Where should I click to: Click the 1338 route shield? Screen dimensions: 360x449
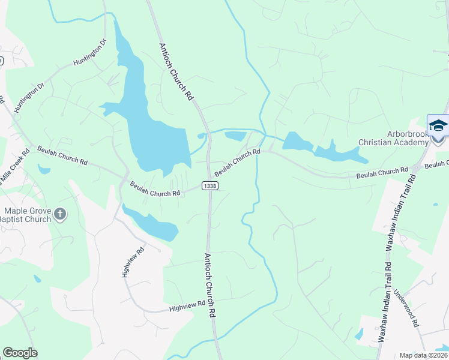[x=209, y=186]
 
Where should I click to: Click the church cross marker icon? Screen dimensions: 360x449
[x=59, y=214]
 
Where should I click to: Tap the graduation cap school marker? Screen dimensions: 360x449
[x=438, y=125]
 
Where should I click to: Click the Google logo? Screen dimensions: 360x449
[x=20, y=353]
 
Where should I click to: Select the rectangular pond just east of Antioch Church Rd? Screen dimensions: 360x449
[x=235, y=137]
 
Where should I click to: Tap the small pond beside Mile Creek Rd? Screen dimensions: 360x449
[x=44, y=170]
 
